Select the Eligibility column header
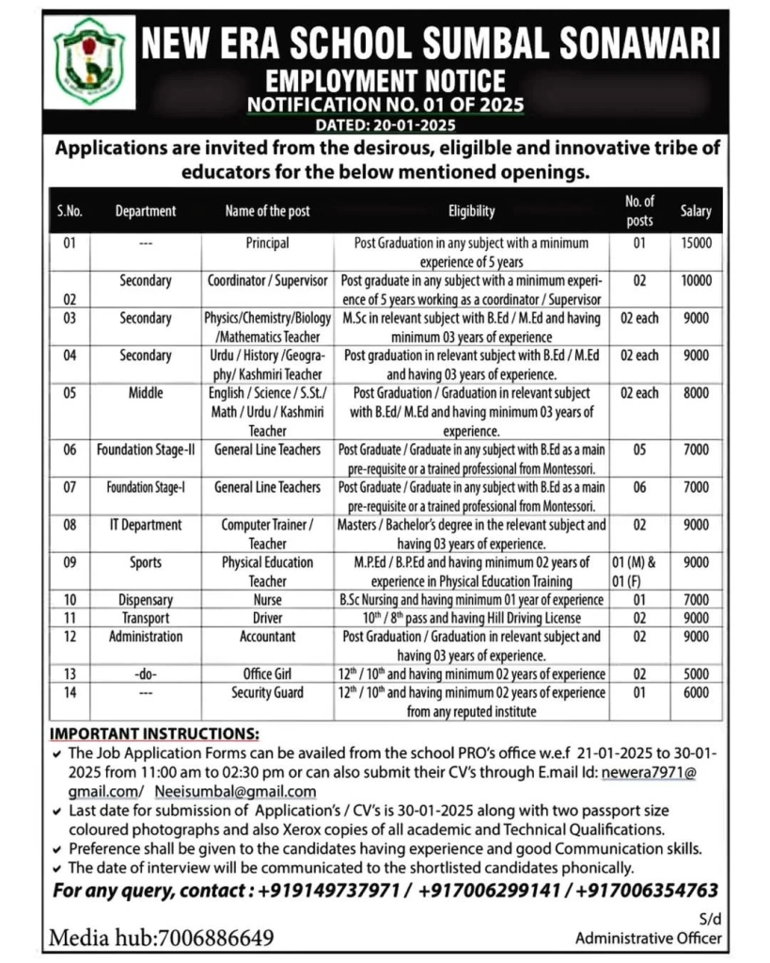click(471, 212)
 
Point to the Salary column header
click(696, 212)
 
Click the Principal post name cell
click(267, 243)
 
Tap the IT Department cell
click(145, 525)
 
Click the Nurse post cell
click(267, 599)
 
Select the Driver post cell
click(267, 618)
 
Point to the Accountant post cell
click(267, 637)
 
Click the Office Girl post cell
click(267, 673)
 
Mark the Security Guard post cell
click(267, 692)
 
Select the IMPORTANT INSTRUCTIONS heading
click(153, 733)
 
